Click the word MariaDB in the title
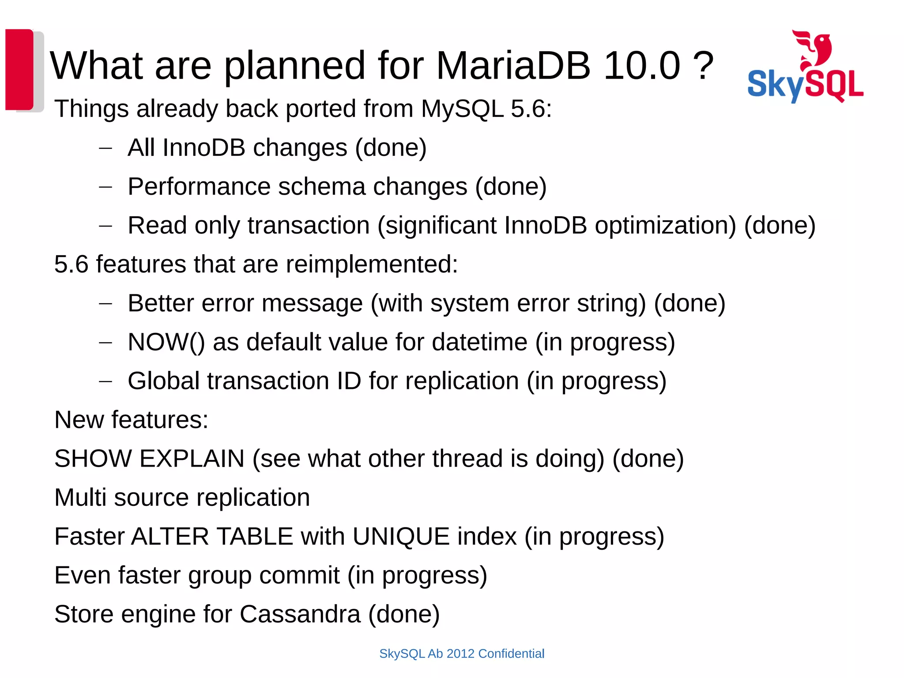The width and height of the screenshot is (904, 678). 513,66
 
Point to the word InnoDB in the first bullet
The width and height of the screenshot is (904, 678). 203,147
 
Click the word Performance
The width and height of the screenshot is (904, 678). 199,186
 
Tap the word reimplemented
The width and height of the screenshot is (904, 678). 372,264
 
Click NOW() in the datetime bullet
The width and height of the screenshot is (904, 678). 166,342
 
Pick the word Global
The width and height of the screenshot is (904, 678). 163,381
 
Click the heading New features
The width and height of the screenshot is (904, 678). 131,420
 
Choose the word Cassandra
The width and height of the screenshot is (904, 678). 300,614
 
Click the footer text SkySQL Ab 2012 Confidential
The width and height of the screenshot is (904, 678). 462,654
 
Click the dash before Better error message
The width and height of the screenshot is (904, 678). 105,304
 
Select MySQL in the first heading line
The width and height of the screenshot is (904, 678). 462,109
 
